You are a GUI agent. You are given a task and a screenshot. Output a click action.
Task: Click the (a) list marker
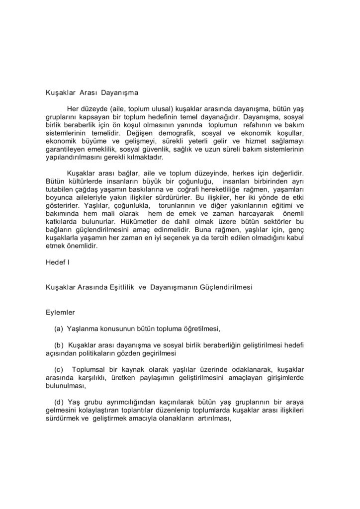(x=58, y=329)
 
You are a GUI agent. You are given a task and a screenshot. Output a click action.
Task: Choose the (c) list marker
(x=58, y=369)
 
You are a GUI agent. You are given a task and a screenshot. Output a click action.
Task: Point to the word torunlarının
(x=178, y=205)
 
